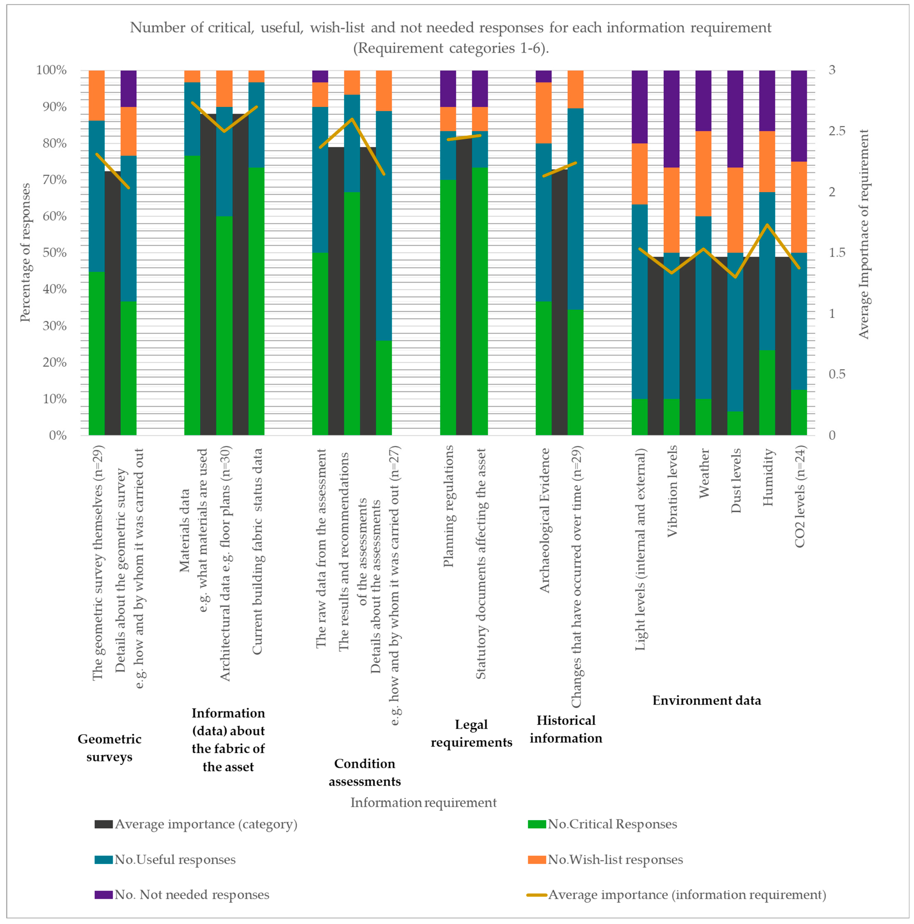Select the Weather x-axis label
coord(704,473)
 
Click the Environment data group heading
coord(706,701)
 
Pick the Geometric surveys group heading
coord(109,748)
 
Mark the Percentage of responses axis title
coord(25,253)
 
